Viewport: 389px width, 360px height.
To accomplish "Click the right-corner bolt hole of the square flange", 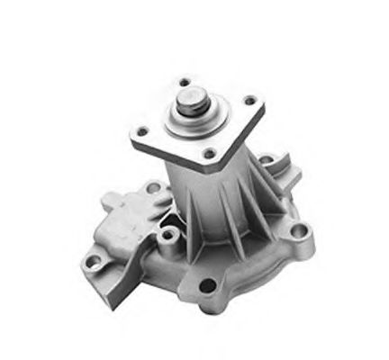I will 250,101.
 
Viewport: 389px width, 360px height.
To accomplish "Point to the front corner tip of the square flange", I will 216,167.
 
